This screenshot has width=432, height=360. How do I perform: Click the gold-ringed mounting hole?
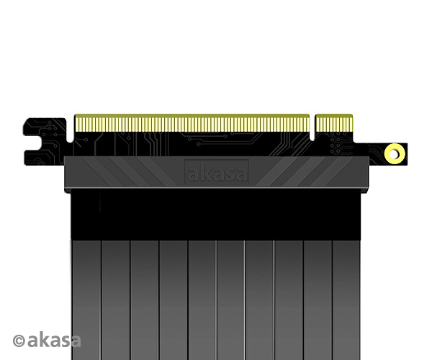coord(395,153)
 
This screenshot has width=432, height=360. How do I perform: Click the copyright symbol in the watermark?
coord(19,341)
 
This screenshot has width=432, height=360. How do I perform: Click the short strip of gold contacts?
coord(333,123)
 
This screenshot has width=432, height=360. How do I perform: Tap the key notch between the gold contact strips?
coord(312,127)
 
